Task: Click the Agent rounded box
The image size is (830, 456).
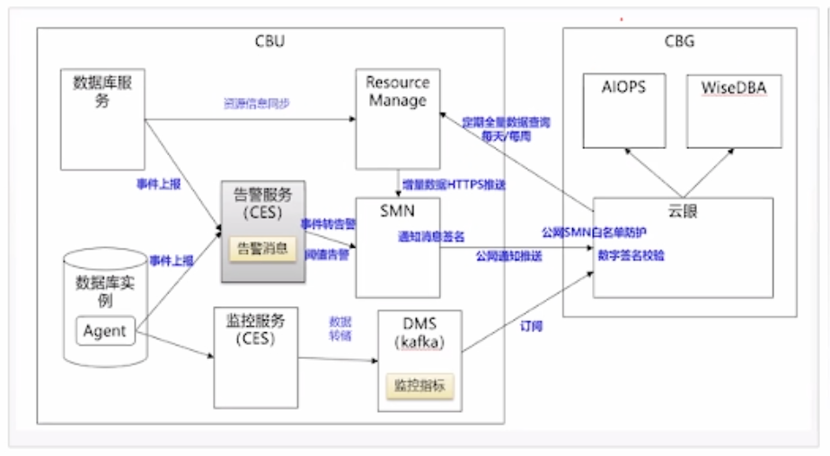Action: tap(105, 331)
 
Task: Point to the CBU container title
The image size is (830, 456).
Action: tap(271, 40)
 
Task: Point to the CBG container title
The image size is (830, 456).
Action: tap(678, 40)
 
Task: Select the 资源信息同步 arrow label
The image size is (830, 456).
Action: tap(256, 104)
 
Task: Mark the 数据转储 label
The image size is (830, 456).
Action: tap(340, 328)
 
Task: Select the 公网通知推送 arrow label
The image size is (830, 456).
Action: tap(509, 256)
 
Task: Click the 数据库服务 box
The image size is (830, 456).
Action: tap(102, 117)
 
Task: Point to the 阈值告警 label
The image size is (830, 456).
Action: tap(327, 254)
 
